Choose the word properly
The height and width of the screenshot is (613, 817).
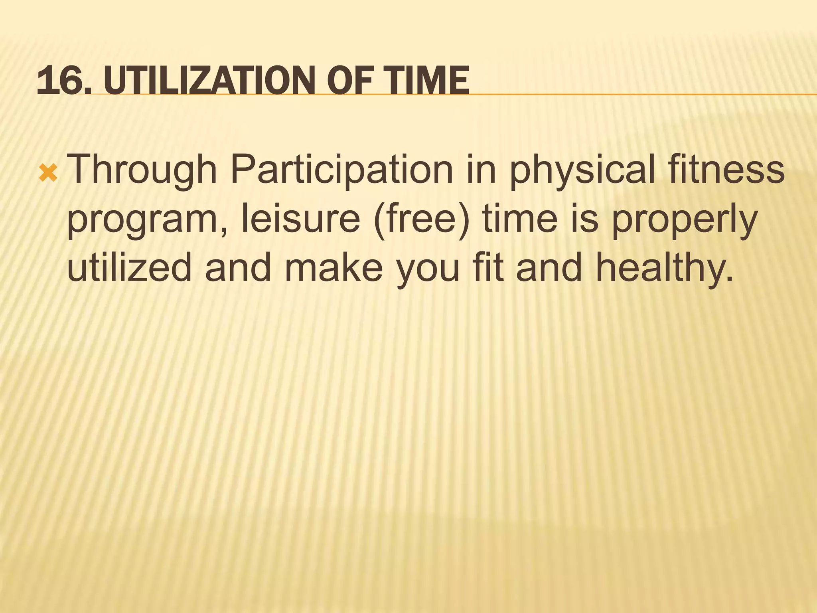[685, 221]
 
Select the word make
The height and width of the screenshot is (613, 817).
[334, 267]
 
